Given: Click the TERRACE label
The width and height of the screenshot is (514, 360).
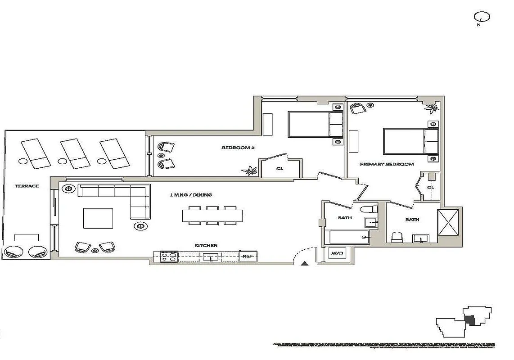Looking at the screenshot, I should click(x=27, y=186).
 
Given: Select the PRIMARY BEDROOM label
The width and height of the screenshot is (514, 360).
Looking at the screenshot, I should click(x=387, y=164).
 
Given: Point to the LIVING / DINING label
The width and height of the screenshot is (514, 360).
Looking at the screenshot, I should click(x=191, y=195).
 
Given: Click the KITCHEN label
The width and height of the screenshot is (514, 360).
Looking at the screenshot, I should click(x=206, y=245).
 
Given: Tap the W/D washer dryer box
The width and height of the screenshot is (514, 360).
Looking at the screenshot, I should click(x=337, y=254).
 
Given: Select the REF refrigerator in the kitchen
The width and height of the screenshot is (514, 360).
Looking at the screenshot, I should click(x=248, y=256).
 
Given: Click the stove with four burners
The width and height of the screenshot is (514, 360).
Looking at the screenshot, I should click(x=169, y=256).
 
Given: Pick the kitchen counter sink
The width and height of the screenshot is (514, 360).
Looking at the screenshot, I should click(x=210, y=257).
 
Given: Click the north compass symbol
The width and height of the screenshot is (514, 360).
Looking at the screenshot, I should click(x=482, y=18).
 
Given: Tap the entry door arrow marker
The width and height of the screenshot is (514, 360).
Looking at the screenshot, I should click(x=305, y=264).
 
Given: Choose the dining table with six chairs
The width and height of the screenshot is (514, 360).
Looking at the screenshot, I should click(x=212, y=216).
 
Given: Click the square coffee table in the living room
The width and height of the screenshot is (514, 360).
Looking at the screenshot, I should click(x=98, y=218).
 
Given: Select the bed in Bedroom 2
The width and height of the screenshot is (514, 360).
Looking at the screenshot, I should click(x=316, y=125).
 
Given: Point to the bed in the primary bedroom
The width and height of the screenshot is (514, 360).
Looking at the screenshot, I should click(x=410, y=141).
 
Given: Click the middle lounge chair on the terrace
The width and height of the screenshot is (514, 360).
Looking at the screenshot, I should click(x=75, y=153).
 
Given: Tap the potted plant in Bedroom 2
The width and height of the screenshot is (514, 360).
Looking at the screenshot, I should click(x=249, y=170).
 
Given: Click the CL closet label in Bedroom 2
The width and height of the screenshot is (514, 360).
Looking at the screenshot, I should click(x=280, y=169).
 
